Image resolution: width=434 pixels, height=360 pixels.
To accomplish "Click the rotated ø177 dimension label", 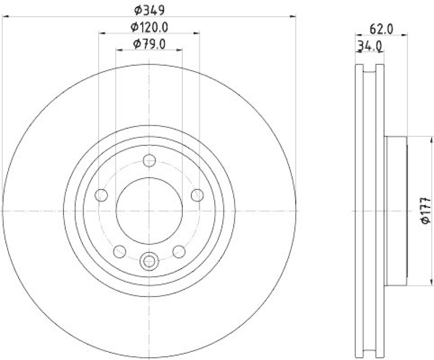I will (426, 211).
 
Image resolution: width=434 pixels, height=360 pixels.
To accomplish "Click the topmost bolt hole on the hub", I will (149, 160).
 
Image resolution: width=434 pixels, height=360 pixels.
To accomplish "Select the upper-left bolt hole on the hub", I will (101, 195).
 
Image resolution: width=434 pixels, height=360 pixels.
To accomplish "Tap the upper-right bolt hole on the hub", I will (197, 195).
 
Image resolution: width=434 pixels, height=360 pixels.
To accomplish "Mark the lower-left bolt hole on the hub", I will (119, 251).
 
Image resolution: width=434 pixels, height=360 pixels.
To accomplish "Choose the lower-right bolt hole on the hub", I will (178, 251).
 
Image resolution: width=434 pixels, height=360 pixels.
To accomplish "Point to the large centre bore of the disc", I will (149, 211).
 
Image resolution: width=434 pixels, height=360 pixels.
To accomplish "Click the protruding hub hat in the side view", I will (395, 211).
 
